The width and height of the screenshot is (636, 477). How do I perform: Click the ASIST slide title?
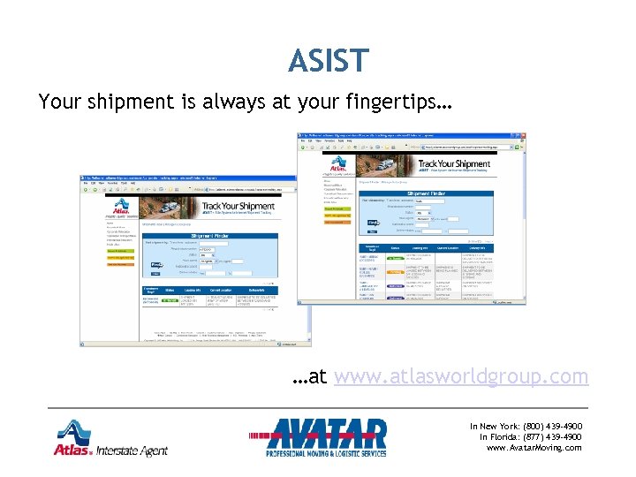click(327, 61)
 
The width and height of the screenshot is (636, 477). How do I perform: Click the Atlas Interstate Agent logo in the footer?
click(110, 439)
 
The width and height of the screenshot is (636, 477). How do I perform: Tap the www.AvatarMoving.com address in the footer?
click(534, 448)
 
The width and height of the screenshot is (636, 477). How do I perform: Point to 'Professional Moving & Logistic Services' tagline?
click(327, 454)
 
